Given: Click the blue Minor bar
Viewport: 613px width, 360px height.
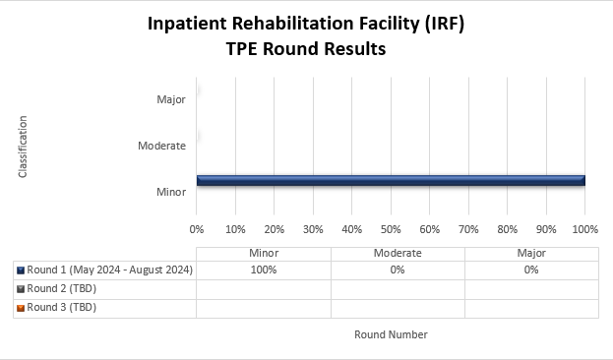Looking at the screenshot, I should (x=391, y=180).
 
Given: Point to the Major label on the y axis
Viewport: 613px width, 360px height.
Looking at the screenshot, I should (x=171, y=99).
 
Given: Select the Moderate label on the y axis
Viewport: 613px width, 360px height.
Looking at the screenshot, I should (x=162, y=146).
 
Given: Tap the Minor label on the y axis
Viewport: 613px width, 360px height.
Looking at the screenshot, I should (x=171, y=192).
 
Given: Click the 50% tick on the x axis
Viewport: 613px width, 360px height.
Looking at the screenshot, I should (x=391, y=229).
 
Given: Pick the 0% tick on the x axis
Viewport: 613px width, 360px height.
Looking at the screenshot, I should (x=197, y=229).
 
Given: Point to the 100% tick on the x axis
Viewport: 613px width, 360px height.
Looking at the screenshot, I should (x=584, y=229).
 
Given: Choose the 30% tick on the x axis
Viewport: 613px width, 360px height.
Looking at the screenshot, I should (x=313, y=229).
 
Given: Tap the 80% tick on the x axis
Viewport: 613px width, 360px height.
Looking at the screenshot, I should (x=507, y=229).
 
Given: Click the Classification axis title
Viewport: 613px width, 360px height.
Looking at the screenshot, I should (x=23, y=147).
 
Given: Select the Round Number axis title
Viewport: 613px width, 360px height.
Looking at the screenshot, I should (x=391, y=334).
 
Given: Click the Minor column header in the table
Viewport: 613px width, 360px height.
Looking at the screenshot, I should (x=264, y=253).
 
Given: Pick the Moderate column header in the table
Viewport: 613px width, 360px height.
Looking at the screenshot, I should (x=398, y=253).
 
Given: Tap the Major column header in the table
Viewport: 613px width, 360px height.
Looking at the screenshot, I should (x=531, y=253).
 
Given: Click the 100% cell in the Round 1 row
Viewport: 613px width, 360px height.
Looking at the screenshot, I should (x=264, y=270).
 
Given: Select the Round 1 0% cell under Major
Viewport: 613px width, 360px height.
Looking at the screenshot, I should (x=531, y=270).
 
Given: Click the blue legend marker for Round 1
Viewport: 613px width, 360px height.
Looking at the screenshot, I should (x=21, y=270).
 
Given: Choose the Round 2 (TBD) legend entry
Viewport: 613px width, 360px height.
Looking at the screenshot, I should (x=61, y=289).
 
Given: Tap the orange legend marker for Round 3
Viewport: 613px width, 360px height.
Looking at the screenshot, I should (x=21, y=308).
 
